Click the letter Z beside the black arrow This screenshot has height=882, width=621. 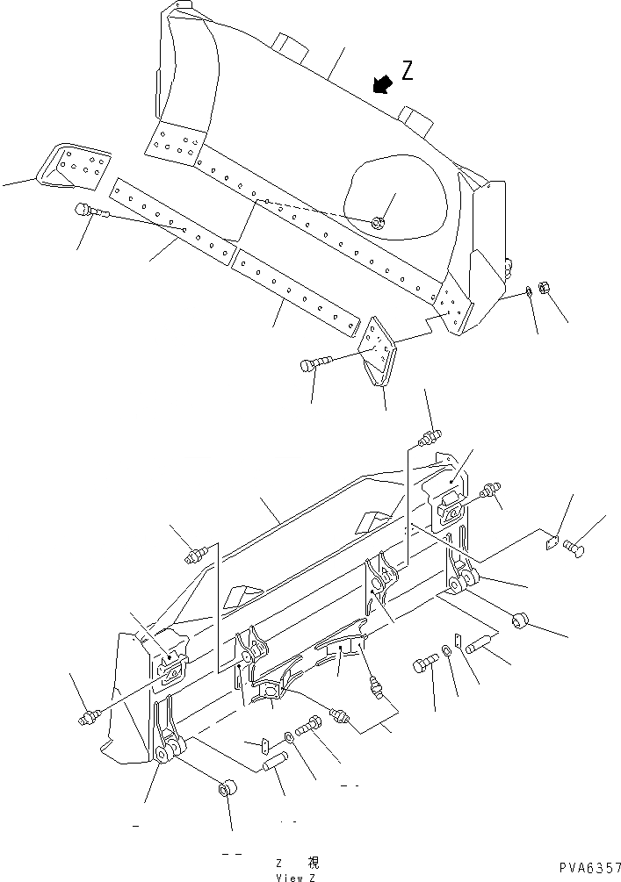coord(407,71)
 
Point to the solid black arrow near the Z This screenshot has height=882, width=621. coord(381,83)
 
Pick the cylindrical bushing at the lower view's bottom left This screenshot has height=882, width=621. coord(225,787)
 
